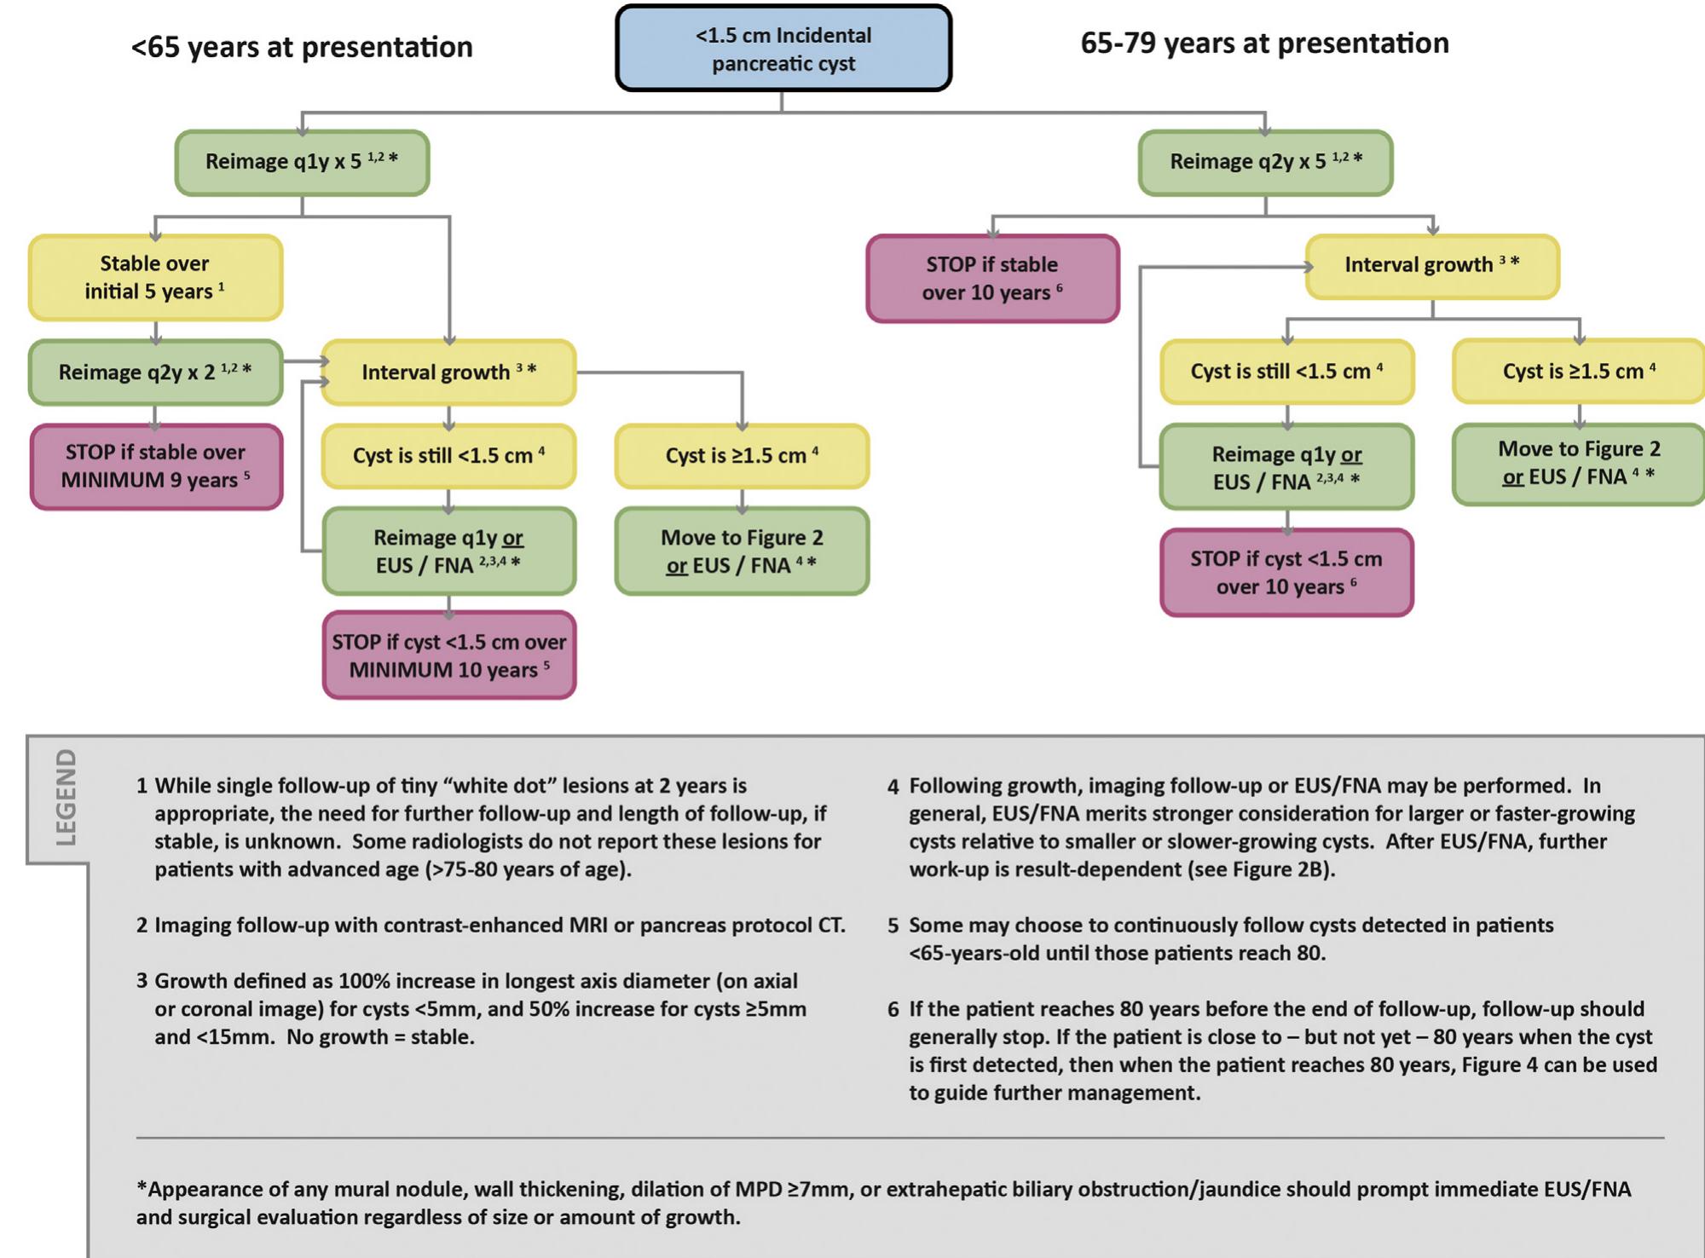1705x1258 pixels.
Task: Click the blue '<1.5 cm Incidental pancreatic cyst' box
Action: (x=783, y=49)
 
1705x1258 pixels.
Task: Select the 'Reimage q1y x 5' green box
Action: (x=302, y=162)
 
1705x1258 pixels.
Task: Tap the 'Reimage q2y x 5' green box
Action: (x=1265, y=162)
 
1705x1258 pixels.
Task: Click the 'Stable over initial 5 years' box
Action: (x=155, y=278)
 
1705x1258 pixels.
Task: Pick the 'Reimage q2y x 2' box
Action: (x=155, y=372)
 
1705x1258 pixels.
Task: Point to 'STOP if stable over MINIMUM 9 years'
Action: (x=156, y=466)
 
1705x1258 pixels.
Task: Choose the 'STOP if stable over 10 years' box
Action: (x=992, y=279)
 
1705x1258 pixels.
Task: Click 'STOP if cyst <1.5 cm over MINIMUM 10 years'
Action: (x=449, y=655)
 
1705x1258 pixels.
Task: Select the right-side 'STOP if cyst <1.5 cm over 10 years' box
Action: (x=1286, y=573)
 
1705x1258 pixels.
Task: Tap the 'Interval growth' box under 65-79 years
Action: (x=1432, y=266)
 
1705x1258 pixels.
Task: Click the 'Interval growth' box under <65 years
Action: (x=449, y=372)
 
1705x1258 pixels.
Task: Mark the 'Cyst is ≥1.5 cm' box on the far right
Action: (x=1579, y=372)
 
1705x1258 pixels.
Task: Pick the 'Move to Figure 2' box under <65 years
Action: (x=742, y=551)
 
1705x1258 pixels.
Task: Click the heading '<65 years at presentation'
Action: (x=302, y=47)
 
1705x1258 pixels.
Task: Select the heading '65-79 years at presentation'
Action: (x=1264, y=43)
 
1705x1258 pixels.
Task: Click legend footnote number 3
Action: (x=142, y=981)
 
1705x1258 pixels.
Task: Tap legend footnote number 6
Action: (x=893, y=1010)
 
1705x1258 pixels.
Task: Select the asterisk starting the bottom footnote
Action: (x=142, y=1187)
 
